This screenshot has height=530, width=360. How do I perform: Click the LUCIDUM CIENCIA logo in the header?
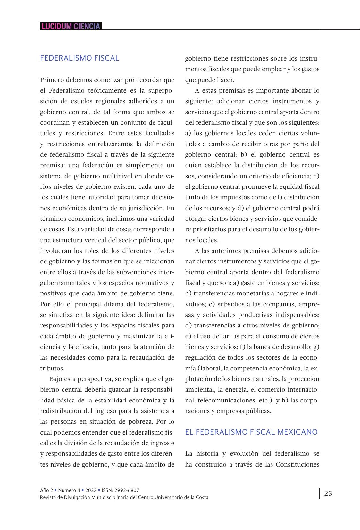pyautogui.click(x=71, y=26)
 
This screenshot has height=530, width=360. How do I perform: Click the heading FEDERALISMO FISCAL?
pyautogui.click(x=80, y=58)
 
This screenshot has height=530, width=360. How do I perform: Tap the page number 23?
pyautogui.click(x=328, y=493)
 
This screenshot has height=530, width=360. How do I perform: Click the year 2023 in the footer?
pyautogui.click(x=91, y=490)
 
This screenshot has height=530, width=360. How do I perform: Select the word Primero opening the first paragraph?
pyautogui.click(x=52, y=80)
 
